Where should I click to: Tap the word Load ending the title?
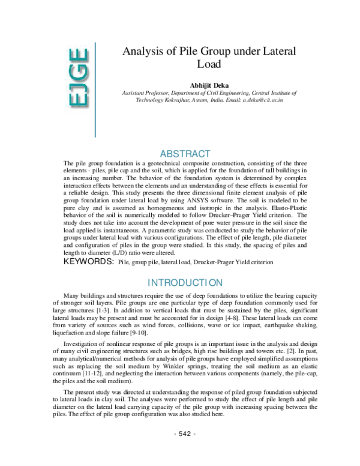click(x=209, y=64)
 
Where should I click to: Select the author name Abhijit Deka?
click(x=209, y=86)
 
